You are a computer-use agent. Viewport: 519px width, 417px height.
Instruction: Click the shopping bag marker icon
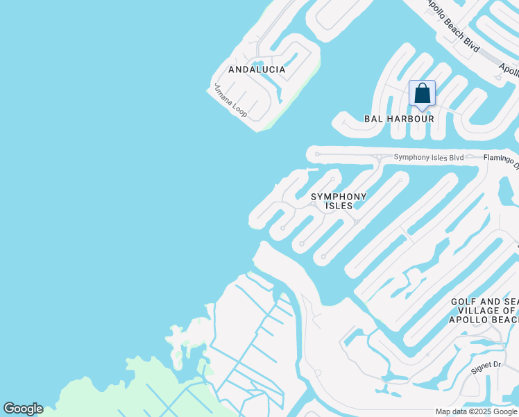pyautogui.click(x=422, y=94)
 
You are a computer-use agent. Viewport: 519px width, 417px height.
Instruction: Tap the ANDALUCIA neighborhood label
pyautogui.click(x=257, y=69)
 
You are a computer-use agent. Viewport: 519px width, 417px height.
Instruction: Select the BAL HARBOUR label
pyautogui.click(x=399, y=119)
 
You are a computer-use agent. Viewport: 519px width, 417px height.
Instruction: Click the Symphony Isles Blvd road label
pyautogui.click(x=428, y=158)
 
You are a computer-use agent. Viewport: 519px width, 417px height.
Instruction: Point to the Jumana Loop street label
pyautogui.click(x=230, y=101)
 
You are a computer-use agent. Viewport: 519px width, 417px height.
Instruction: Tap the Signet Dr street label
pyautogui.click(x=486, y=367)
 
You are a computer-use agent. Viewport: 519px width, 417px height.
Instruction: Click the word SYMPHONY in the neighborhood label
pyautogui.click(x=338, y=197)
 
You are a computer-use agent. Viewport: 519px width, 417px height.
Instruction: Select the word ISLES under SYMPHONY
pyautogui.click(x=338, y=206)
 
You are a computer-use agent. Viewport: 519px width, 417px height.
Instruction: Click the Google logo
pyautogui.click(x=23, y=409)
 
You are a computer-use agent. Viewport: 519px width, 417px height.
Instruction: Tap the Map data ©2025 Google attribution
pyautogui.click(x=476, y=411)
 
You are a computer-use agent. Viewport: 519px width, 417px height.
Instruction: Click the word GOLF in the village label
pyautogui.click(x=463, y=302)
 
